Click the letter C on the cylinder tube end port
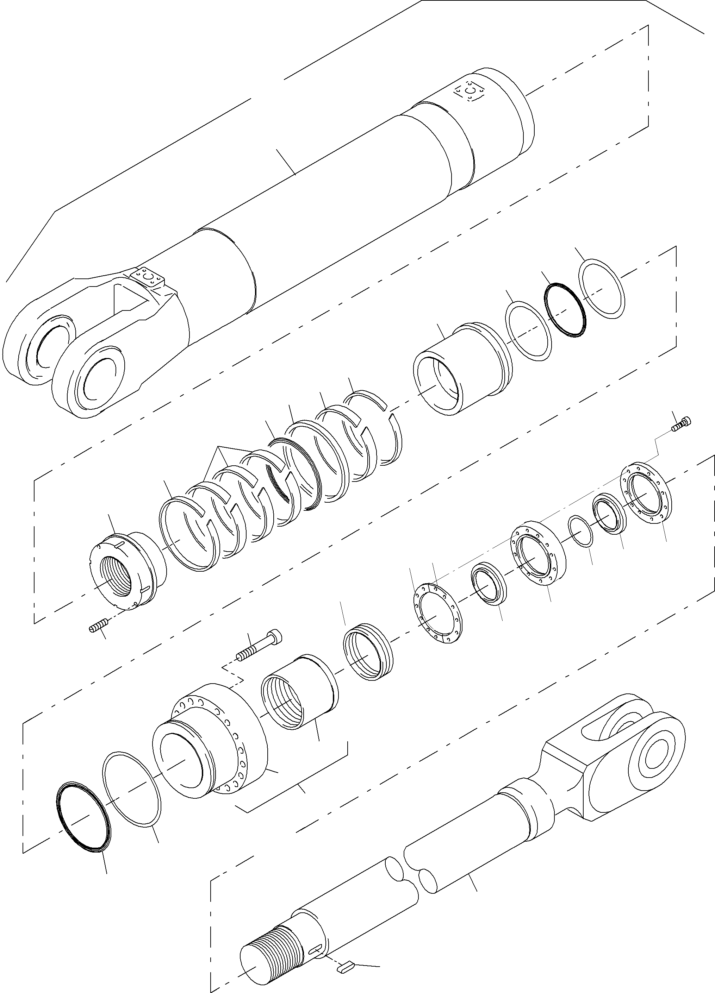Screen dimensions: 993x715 click(470, 91)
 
